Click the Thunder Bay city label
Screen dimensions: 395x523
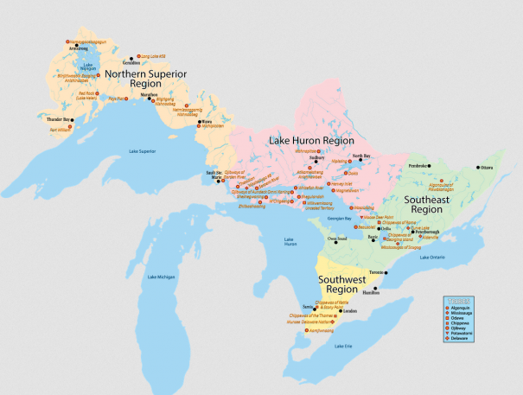tap(58, 118)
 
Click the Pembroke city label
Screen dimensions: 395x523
tap(419, 162)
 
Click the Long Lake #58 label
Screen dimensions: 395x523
tap(152, 56)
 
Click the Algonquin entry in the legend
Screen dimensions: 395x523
tap(462, 309)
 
